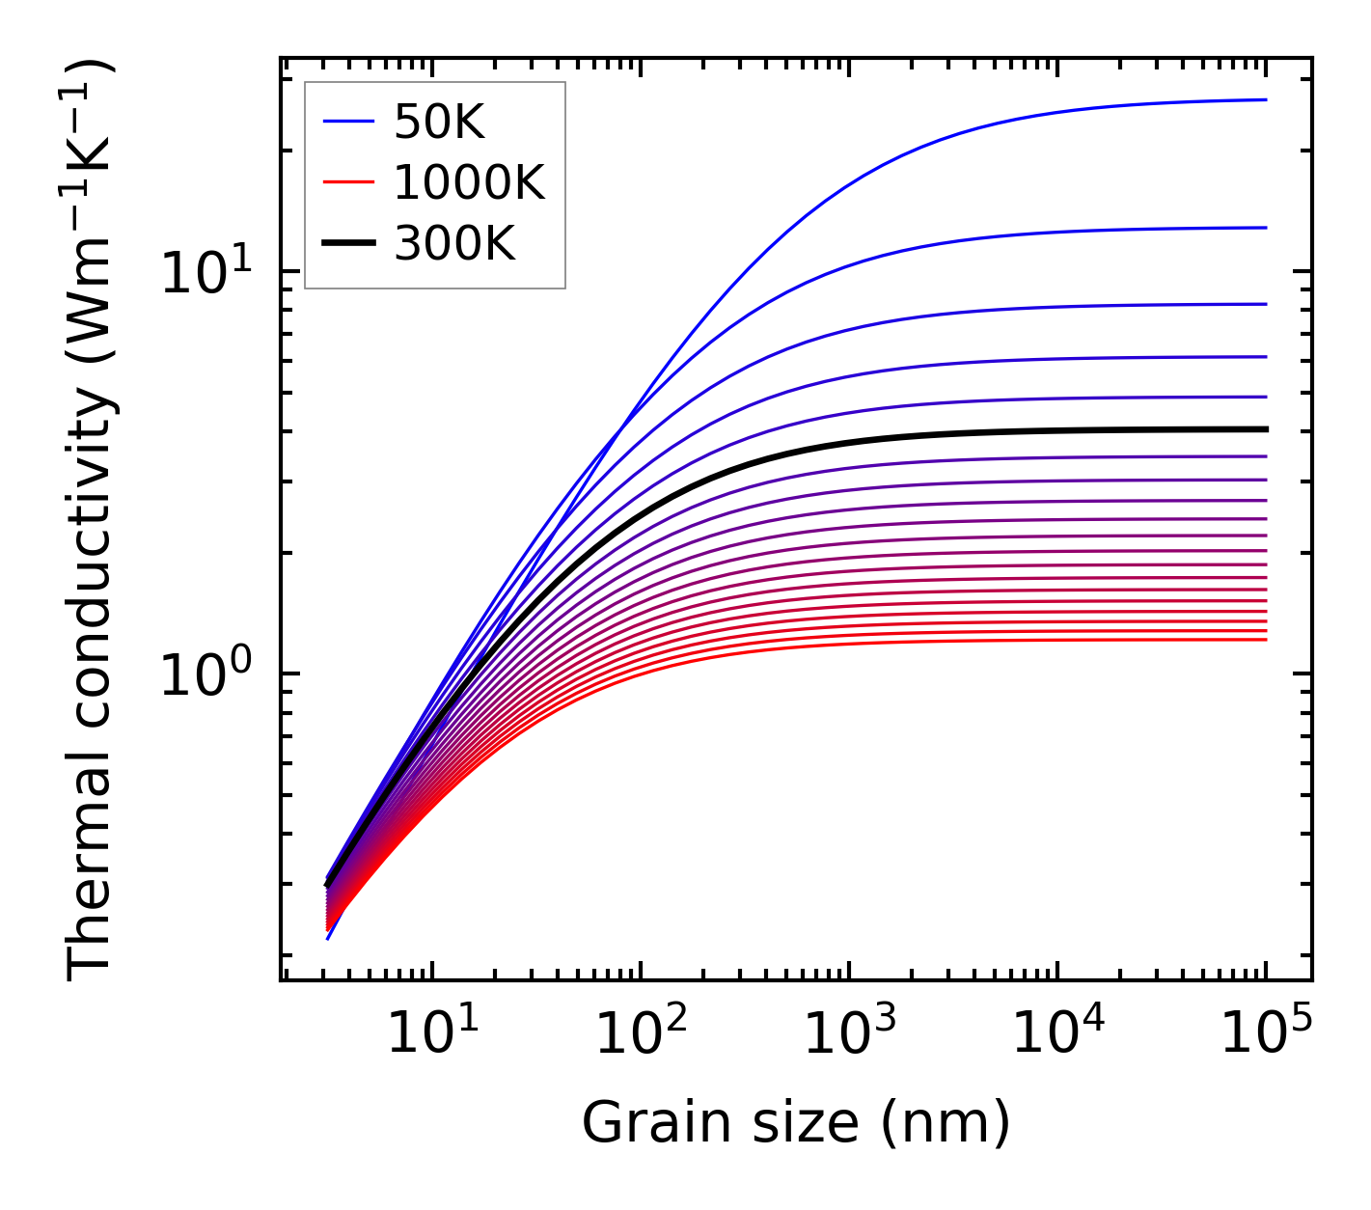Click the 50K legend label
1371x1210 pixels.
click(x=439, y=122)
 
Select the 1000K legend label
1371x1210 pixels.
click(x=469, y=182)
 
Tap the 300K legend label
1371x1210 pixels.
click(x=454, y=244)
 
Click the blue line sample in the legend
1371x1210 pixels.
click(x=347, y=122)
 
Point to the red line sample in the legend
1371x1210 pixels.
click(x=347, y=182)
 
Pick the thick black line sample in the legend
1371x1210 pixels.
click(x=347, y=244)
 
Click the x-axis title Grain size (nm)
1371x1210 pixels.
click(x=796, y=1124)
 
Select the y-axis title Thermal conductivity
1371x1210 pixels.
click(x=92, y=519)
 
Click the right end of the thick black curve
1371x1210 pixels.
click(x=1264, y=429)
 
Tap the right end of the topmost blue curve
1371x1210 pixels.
click(x=1264, y=99)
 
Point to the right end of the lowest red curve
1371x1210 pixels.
click(x=1264, y=640)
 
